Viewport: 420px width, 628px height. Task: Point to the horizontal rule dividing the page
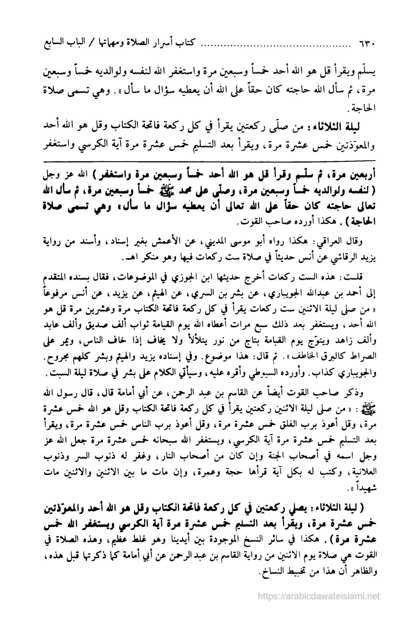tap(210, 161)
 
